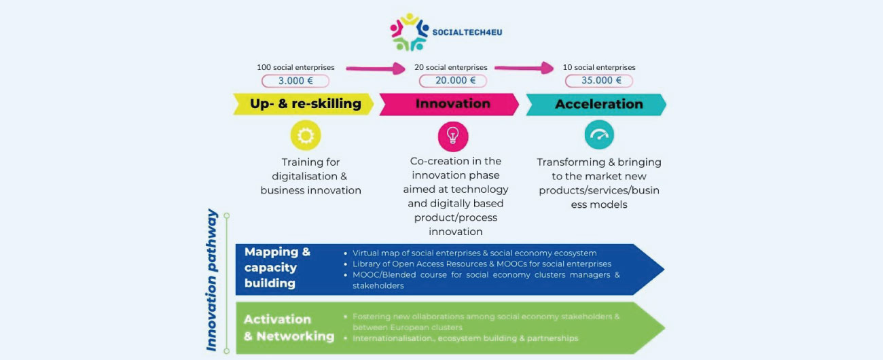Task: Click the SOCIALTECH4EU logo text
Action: click(467, 32)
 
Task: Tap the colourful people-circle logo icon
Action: click(409, 32)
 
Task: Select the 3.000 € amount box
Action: click(295, 81)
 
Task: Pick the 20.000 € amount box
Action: click(452, 81)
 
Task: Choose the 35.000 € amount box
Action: click(599, 81)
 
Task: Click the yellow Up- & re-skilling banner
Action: click(304, 104)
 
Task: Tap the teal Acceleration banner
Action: click(598, 104)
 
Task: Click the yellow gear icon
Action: click(305, 136)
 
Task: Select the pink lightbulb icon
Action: click(452, 136)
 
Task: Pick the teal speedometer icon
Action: click(599, 135)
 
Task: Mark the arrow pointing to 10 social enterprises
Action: click(524, 68)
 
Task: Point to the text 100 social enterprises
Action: click(295, 67)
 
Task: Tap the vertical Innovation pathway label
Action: click(212, 280)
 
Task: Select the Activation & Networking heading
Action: click(289, 327)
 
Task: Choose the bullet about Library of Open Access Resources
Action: click(481, 264)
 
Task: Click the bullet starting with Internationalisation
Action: click(465, 338)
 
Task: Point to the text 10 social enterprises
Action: click(599, 67)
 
